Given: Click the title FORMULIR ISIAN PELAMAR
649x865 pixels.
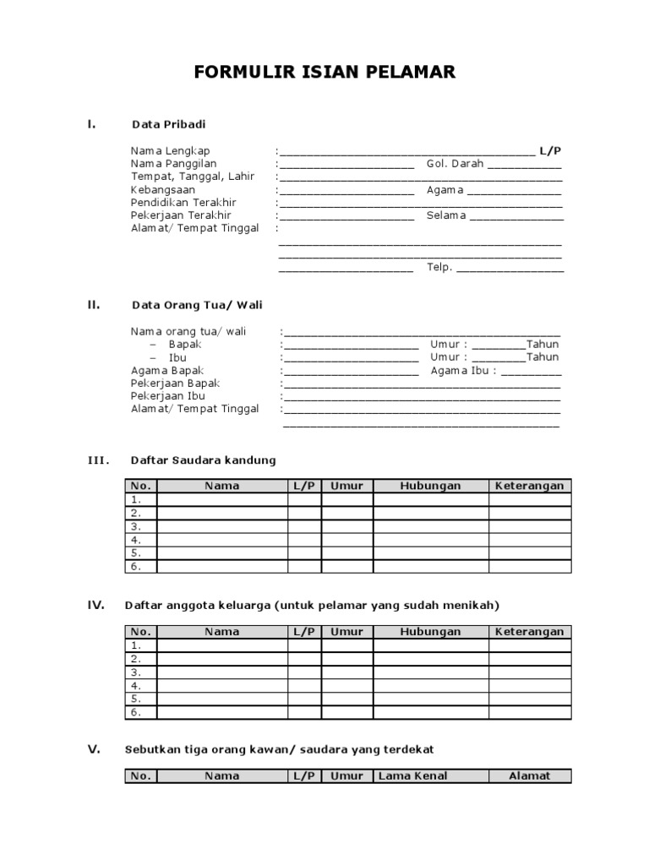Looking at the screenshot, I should click(324, 73).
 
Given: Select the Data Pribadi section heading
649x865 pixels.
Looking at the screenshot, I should click(168, 124).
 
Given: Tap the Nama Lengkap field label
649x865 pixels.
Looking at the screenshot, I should click(170, 151).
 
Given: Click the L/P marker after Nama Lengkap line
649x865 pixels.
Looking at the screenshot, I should click(551, 151).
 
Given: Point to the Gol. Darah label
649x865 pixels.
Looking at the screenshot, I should click(455, 164).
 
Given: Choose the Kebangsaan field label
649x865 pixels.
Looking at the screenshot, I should click(162, 190).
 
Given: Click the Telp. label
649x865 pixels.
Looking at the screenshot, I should click(439, 268).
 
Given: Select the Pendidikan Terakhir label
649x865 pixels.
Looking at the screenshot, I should click(183, 203).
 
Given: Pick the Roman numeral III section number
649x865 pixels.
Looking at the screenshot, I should click(99, 460).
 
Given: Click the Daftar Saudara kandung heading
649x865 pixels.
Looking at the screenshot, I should click(203, 460).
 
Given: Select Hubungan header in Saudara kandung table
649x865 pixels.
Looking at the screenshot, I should click(430, 486).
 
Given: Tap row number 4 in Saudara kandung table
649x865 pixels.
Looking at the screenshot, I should click(135, 539).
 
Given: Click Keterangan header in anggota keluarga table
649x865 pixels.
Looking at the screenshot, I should click(529, 632).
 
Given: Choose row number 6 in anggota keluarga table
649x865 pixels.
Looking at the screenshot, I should click(135, 712).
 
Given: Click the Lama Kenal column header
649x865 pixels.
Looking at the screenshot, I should click(413, 775).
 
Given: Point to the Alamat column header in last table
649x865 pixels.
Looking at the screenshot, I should click(529, 775).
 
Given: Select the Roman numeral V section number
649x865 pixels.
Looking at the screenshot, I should click(95, 749).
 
